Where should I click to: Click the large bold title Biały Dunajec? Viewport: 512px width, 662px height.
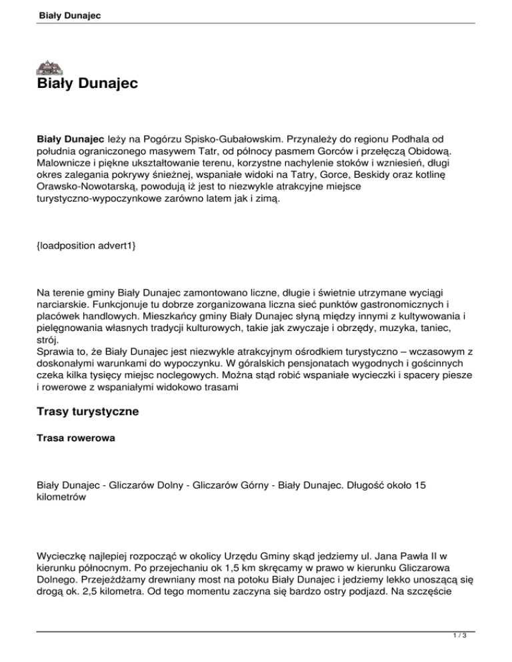tap(87, 85)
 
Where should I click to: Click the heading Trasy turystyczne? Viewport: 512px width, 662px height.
tap(87, 412)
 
